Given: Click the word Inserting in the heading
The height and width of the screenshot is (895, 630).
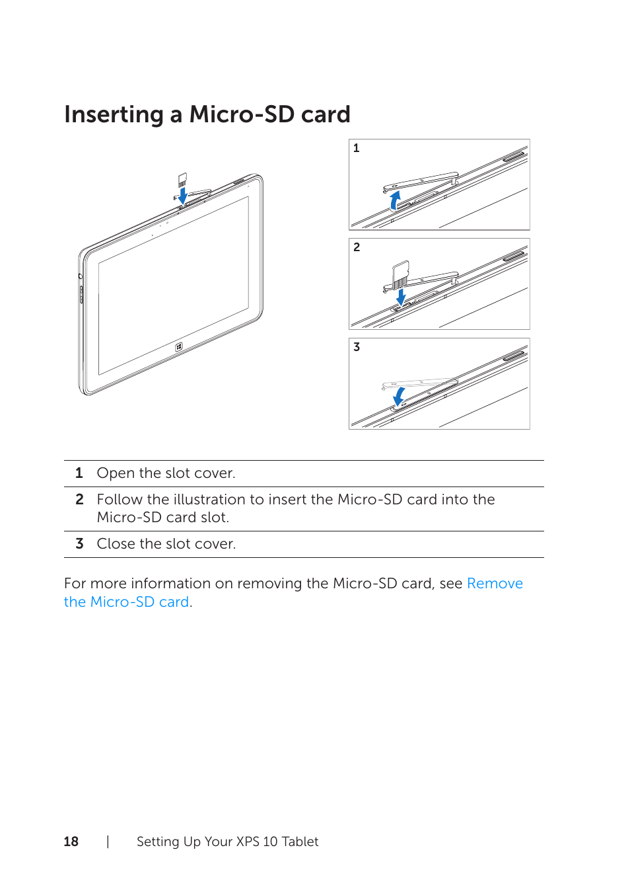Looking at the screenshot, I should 114,115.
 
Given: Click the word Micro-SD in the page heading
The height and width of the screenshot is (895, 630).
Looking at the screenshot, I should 242,114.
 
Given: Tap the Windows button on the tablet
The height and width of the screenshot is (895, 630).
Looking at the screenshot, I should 179,346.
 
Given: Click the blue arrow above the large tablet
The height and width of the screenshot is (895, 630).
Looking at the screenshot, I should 183,195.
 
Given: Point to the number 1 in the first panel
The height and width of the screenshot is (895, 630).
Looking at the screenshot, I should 357,148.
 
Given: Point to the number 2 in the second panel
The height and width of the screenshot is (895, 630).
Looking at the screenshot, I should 357,247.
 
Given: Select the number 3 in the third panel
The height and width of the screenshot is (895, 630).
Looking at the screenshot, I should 357,347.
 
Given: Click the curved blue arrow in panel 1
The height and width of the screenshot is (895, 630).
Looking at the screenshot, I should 395,200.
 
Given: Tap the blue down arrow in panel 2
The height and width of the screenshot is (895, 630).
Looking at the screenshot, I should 401,297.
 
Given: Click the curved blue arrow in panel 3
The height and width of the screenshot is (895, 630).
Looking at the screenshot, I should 399,396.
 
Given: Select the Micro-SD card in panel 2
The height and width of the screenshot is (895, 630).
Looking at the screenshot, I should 401,272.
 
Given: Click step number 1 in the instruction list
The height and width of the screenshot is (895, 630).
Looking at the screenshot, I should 79,473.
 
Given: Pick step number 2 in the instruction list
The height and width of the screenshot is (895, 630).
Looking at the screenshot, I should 79,500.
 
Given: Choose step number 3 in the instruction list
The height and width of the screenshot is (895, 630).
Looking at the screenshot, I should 79,544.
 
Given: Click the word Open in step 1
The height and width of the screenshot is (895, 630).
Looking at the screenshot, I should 116,473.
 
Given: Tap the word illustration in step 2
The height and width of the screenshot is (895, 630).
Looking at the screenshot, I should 209,500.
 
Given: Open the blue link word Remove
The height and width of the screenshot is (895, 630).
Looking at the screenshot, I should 495,584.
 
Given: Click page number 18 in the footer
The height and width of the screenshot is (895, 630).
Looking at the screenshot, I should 71,841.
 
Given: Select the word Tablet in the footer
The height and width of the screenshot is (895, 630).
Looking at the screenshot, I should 300,841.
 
